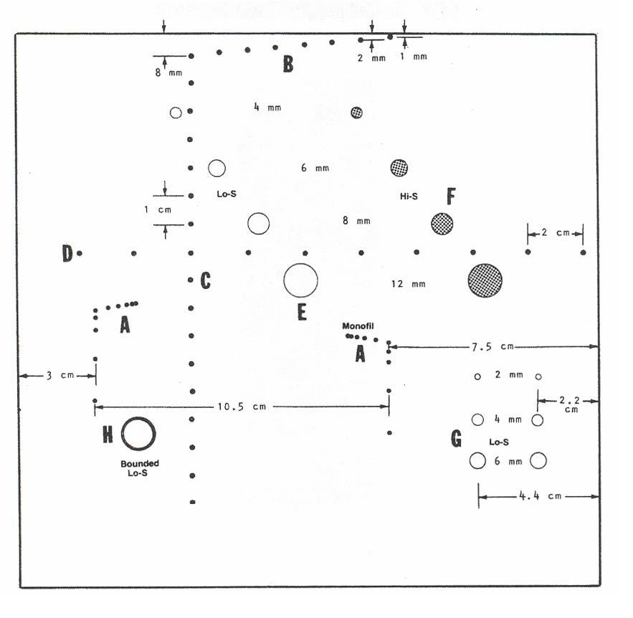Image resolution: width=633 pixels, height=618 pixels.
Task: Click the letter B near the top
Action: (287, 65)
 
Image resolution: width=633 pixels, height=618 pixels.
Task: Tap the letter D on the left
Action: (67, 253)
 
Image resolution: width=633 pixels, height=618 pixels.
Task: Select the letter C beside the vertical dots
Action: (205, 281)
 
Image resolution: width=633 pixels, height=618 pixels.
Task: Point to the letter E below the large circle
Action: (302, 312)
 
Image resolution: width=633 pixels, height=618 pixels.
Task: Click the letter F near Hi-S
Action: (451, 196)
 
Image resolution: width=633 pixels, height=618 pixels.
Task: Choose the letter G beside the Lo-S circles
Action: (456, 439)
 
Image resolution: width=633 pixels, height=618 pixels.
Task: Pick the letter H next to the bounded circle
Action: (108, 434)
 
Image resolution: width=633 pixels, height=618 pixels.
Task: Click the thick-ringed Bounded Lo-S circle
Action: (138, 433)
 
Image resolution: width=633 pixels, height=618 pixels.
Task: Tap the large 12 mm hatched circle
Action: (485, 280)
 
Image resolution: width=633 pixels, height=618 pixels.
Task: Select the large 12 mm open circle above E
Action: (300, 280)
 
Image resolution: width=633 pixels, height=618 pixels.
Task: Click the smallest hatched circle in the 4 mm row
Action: (356, 112)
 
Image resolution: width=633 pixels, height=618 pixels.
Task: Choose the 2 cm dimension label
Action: (555, 232)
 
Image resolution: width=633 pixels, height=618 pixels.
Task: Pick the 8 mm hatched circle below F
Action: (442, 224)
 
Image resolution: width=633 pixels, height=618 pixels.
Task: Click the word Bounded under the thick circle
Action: (140, 463)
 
